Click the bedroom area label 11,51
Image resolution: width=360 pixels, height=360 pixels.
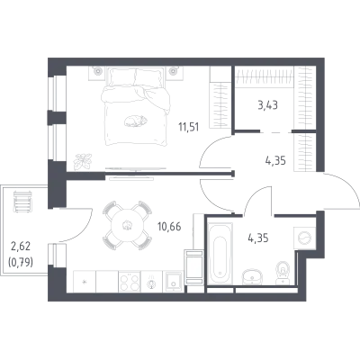tap(189, 127)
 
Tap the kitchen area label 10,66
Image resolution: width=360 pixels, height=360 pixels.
tap(169, 227)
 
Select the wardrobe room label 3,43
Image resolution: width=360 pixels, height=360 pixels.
tap(267, 105)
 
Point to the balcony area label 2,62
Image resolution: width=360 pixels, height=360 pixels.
tap(21, 247)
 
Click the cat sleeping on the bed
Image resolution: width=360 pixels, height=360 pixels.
tap(136, 121)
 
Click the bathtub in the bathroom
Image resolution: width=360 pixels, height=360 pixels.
tap(220, 253)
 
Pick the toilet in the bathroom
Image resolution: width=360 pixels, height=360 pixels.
tap(283, 273)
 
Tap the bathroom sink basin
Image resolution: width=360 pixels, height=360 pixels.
tap(252, 275)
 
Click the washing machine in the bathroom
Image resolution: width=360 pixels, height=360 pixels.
tap(304, 238)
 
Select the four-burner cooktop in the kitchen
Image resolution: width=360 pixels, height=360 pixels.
tap(130, 282)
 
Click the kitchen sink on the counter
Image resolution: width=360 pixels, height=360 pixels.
tap(173, 282)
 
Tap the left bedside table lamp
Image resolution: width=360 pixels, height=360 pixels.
tap(98, 72)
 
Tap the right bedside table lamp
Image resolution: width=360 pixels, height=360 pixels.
tap(173, 72)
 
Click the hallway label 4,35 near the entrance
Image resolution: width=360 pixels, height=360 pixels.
tap(275, 160)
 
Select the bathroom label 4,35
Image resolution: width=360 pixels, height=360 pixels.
tap(258, 238)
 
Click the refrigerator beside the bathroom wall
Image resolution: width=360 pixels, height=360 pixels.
tap(194, 267)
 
